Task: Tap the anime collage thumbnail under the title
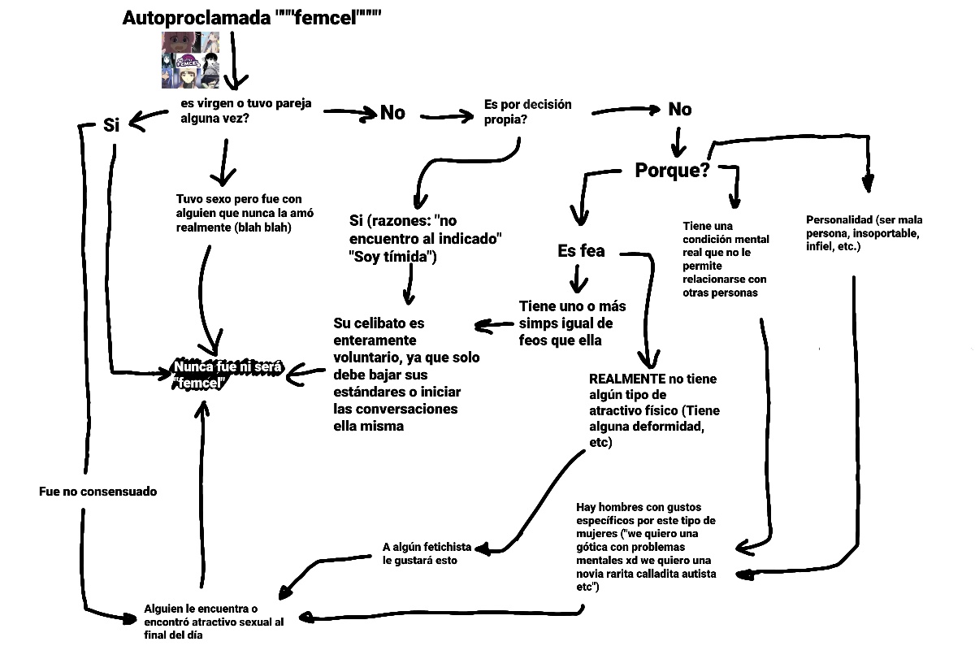190,60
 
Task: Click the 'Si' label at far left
111,125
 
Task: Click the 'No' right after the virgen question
392,113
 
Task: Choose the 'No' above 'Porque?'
679,109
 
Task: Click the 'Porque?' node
672,171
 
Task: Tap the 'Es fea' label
581,251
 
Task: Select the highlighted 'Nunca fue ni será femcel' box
227,375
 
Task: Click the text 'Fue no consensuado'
97,492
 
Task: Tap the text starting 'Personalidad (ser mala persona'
864,232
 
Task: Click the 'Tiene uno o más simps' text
571,323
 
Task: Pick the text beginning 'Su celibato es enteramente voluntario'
406,374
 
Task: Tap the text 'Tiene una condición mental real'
724,258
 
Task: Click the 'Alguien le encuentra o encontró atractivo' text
214,622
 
